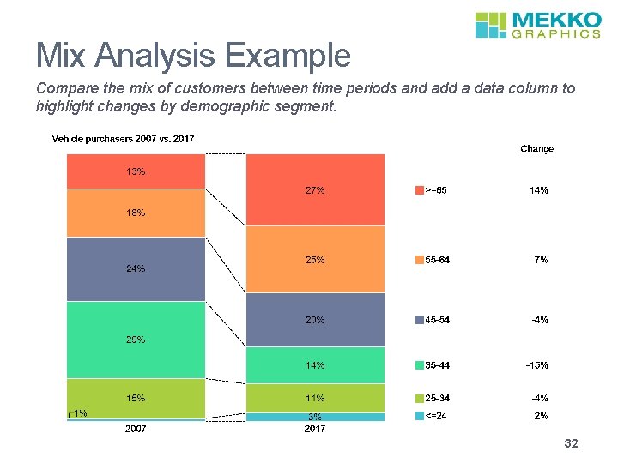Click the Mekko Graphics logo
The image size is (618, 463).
pos(537,25)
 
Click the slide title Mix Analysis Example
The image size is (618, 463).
pos(193,57)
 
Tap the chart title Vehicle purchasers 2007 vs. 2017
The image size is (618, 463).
pos(124,139)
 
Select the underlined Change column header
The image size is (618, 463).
pos(536,149)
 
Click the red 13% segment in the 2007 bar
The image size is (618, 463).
pos(136,171)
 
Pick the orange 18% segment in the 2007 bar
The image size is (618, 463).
pos(136,213)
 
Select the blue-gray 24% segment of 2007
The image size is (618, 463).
pos(136,268)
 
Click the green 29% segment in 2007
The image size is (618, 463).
pos(136,340)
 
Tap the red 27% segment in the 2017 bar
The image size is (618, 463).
pos(315,190)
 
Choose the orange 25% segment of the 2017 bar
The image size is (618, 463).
pos(315,260)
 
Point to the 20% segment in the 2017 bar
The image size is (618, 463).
pos(315,320)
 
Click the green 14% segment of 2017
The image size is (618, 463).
pos(315,365)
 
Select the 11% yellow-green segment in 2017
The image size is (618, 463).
pos(315,398)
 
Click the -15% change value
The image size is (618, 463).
pos(536,365)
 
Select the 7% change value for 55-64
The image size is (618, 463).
pos(540,260)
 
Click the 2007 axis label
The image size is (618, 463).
pos(136,429)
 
